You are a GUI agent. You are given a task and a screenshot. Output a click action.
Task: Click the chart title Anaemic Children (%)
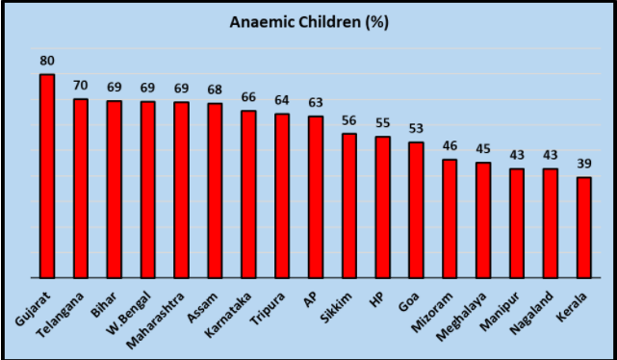click(x=308, y=22)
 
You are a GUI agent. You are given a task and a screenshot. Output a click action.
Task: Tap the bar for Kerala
click(x=583, y=227)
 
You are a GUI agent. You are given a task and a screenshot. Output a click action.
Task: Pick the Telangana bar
click(x=80, y=188)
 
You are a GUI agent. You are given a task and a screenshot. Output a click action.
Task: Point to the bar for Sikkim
click(x=348, y=205)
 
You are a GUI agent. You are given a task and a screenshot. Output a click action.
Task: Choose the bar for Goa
click(x=416, y=210)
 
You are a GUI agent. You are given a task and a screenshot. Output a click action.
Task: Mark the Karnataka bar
click(x=248, y=193)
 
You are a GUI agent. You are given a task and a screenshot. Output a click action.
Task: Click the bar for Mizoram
click(x=450, y=219)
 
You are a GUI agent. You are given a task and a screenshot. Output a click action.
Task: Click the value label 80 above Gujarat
click(x=46, y=61)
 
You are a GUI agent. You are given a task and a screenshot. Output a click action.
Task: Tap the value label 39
click(x=583, y=165)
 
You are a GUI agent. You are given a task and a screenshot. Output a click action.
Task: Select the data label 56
click(x=348, y=120)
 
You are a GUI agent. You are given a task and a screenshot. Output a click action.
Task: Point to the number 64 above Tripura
click(x=282, y=101)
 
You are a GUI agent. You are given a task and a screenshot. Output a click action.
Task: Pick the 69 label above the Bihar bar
click(x=114, y=88)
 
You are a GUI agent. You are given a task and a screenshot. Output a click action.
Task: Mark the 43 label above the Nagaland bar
click(x=550, y=156)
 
